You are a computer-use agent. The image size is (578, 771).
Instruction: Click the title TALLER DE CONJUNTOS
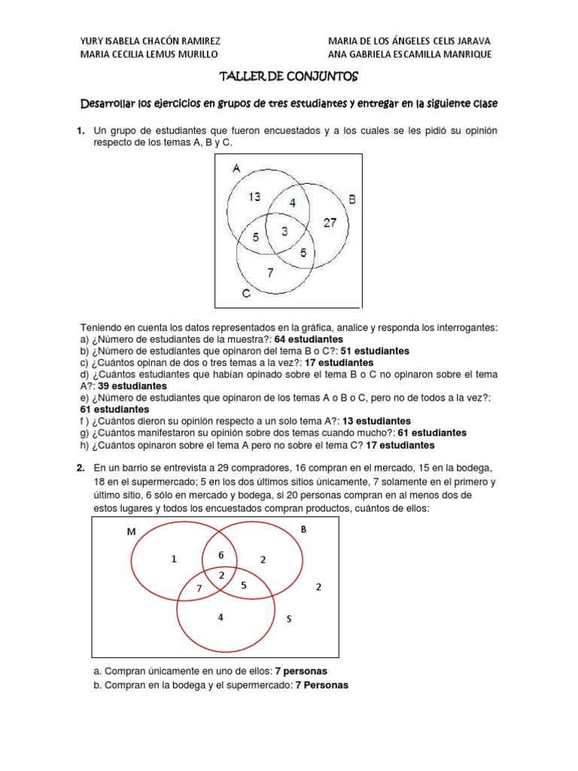point(289,77)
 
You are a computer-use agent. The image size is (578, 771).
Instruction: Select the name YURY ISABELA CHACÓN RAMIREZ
point(150,41)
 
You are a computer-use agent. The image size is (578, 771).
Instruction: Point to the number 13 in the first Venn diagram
point(254,197)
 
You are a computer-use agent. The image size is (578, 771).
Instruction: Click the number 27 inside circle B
point(330,222)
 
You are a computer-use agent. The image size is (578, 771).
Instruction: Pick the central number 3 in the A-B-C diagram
point(284,232)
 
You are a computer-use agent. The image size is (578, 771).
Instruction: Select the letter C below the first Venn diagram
point(246,294)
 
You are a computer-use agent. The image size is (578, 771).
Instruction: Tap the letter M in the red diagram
point(132,533)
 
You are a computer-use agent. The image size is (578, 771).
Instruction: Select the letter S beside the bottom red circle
point(288,619)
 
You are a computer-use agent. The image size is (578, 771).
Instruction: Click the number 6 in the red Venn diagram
point(221,554)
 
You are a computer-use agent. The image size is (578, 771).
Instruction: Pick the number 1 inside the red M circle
point(173,559)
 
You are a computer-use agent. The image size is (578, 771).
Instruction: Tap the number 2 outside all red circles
point(318,587)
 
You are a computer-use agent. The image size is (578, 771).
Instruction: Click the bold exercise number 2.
point(80,468)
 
